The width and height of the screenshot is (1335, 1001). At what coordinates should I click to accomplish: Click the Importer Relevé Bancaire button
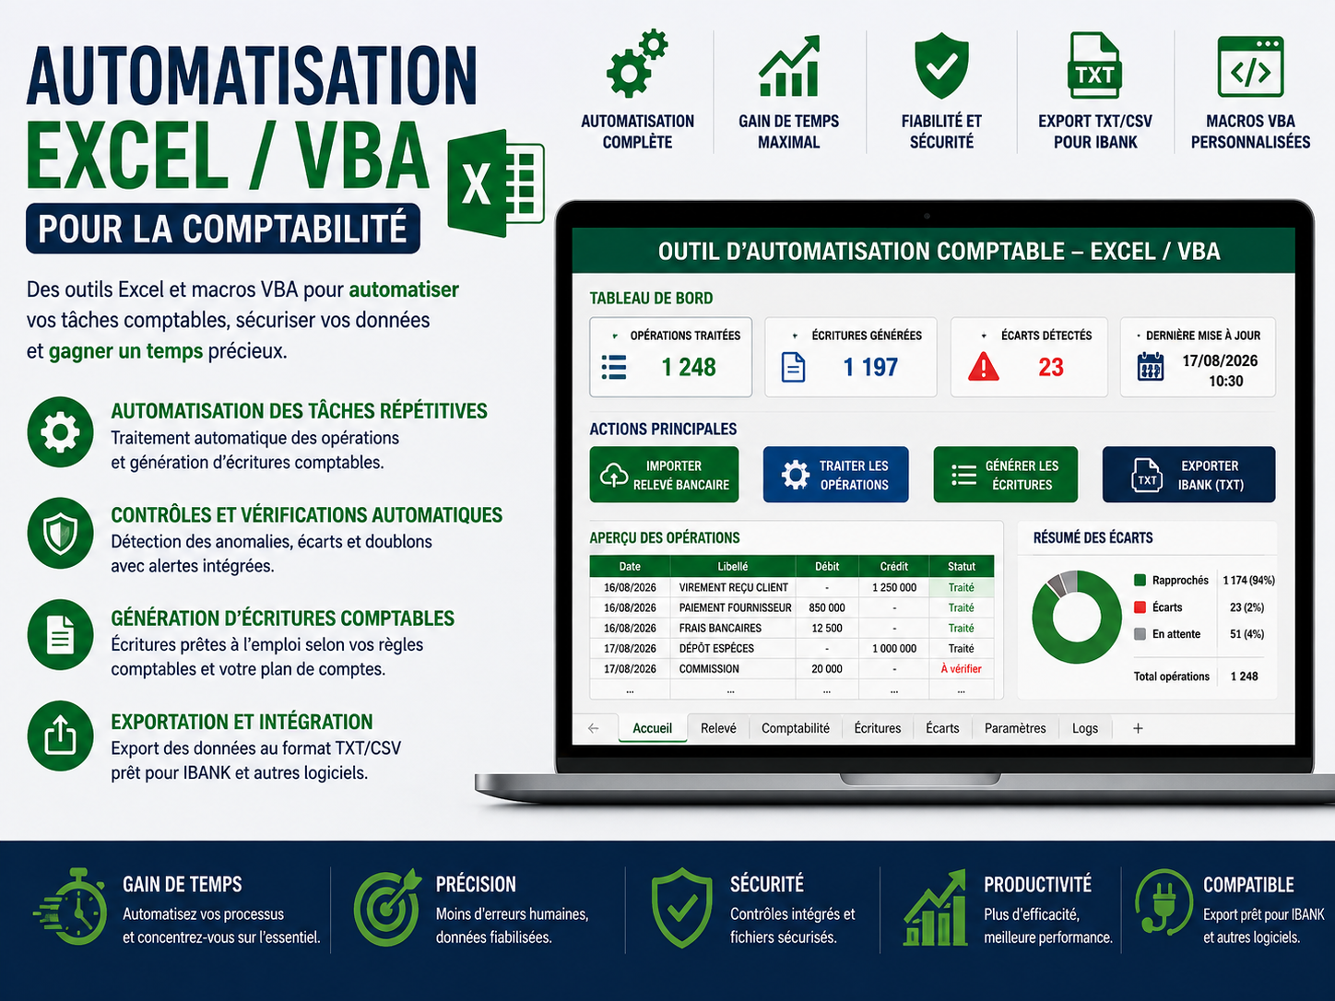664,475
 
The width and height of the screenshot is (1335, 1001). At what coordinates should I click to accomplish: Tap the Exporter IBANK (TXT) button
1188,475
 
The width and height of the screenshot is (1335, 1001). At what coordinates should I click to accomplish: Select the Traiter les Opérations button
835,475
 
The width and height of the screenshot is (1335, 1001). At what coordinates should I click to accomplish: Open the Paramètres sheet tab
1015,728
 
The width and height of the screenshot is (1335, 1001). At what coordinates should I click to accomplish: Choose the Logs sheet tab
1085,728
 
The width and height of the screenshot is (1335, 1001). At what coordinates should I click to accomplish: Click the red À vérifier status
961,668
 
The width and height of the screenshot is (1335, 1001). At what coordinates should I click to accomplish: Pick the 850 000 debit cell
827,607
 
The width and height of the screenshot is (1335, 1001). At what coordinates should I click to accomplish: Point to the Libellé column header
732,567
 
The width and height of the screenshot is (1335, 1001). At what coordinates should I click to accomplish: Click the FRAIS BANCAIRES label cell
720,628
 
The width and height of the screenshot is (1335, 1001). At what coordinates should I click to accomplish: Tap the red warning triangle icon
984,367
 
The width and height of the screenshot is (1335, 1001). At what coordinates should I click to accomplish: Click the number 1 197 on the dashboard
870,367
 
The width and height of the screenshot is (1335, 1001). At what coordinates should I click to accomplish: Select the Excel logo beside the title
495,183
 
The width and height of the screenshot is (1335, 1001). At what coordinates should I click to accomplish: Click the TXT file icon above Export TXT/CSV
1094,65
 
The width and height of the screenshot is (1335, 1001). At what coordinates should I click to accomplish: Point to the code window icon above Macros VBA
1250,67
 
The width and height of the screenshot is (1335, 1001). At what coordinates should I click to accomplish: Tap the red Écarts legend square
1140,607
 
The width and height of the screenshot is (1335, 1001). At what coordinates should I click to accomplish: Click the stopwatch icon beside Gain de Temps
72,907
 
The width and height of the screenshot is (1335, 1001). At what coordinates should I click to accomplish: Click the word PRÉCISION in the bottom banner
476,884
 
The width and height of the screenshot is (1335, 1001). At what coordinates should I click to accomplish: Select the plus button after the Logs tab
1138,728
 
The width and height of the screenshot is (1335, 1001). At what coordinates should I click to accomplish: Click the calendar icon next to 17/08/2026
1150,367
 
